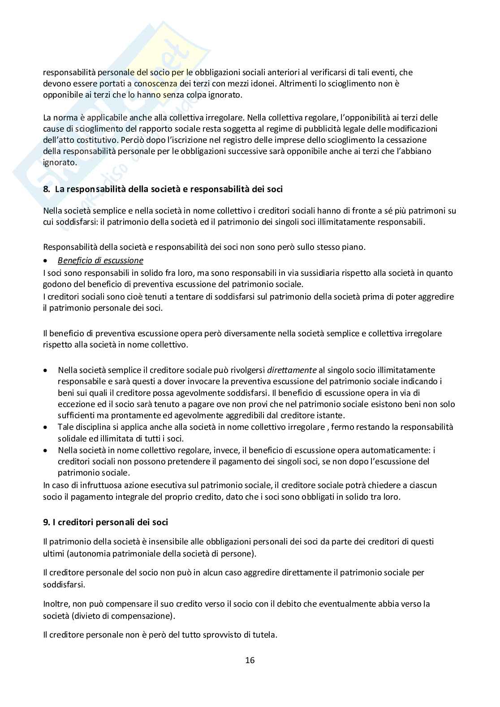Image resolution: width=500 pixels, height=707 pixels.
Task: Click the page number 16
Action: click(250, 660)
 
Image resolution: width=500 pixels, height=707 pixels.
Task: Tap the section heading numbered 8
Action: click(163, 189)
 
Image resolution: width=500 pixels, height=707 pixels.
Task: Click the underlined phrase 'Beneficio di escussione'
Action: click(100, 260)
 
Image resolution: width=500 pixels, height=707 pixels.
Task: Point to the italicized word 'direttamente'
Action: click(292, 370)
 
